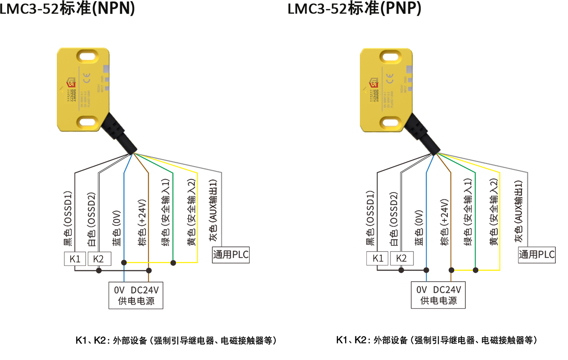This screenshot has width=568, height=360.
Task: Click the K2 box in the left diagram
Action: coord(98,259)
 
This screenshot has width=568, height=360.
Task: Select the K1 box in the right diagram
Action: coord(378,258)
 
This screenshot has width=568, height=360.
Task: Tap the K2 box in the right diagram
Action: coord(402,258)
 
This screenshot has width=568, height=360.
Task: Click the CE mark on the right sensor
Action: coord(390,78)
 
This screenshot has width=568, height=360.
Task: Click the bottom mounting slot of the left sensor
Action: coord(87,122)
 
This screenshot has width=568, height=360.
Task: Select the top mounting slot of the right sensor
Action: coord(391,57)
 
